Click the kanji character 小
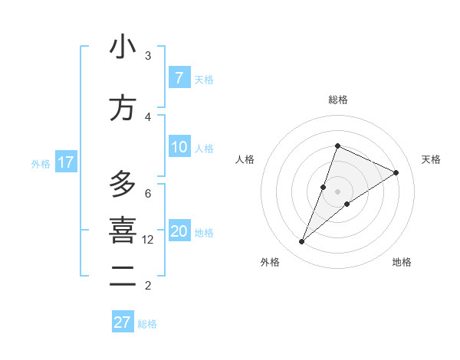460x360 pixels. pos(123,47)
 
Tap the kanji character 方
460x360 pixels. pos(123,108)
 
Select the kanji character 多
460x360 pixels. pos(123,185)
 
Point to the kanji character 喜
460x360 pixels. pos(123,231)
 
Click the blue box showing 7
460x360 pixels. pos(179,78)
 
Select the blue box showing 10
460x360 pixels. pos(179,148)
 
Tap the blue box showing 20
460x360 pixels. pos(179,232)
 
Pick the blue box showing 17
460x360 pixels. pos(65,162)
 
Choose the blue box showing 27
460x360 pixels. pos(123,322)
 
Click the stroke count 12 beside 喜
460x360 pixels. pos(148,240)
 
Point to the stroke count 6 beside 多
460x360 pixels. pos(148,193)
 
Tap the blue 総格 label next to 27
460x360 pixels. pos(147,324)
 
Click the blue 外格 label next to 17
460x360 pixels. pos(41,163)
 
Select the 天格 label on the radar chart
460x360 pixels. pos(431,159)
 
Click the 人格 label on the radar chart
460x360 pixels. pos(245,159)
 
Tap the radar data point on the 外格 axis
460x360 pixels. pos(302,242)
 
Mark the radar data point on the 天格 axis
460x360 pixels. pos(396,172)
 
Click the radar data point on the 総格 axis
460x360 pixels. pos(337,146)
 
